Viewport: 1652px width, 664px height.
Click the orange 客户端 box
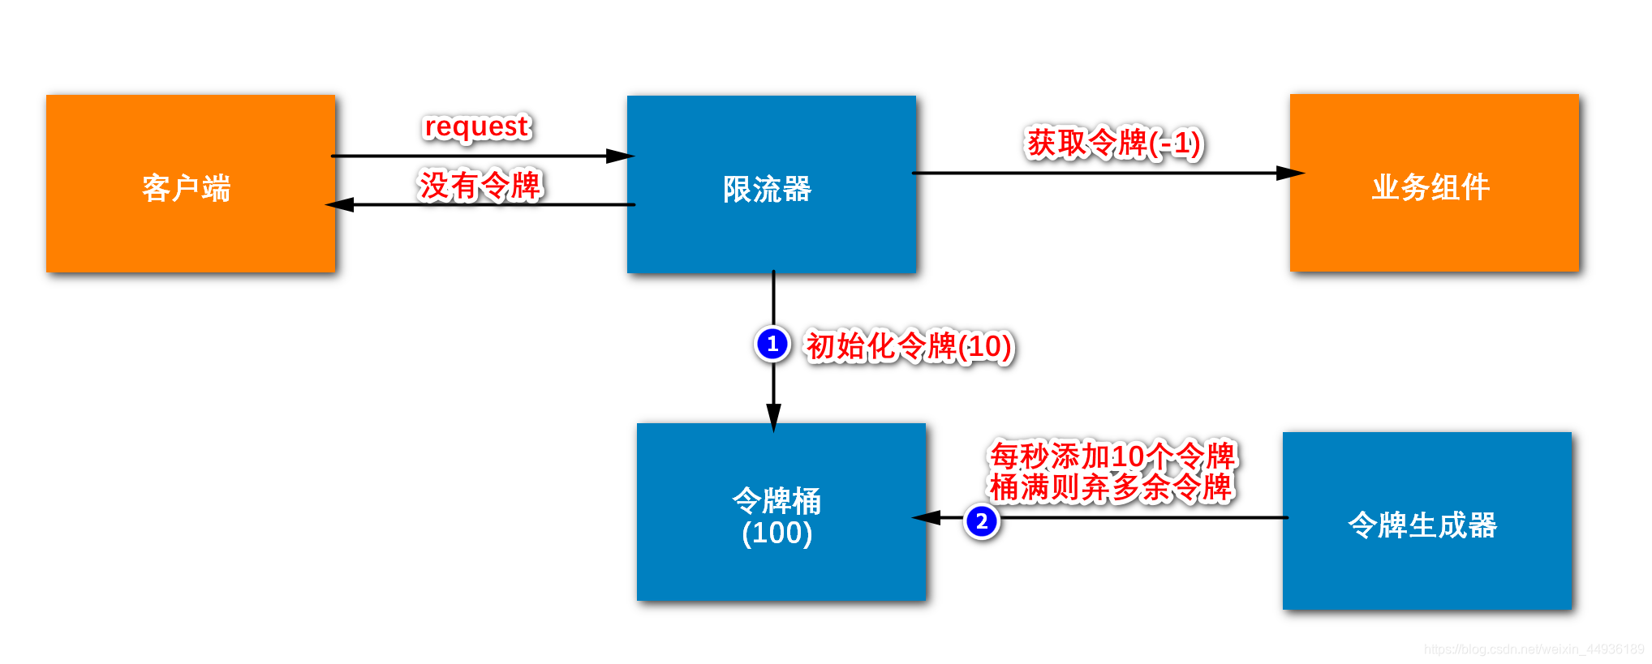click(x=191, y=184)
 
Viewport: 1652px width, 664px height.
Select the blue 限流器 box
click(x=772, y=185)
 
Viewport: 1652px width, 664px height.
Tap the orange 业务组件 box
click(x=1434, y=183)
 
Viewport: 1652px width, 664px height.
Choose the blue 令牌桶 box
click(x=781, y=512)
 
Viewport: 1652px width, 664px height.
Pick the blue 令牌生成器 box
click(x=1426, y=520)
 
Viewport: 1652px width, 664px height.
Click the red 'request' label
click(x=477, y=126)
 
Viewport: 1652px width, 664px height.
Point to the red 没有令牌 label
click(x=480, y=186)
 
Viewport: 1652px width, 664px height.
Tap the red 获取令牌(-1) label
click(x=1114, y=144)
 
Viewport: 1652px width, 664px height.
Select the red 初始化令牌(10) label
click(x=909, y=346)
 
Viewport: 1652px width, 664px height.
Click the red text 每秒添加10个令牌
click(x=1112, y=456)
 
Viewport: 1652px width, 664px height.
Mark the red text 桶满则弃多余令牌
click(x=1111, y=487)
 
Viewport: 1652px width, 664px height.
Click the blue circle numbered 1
click(x=772, y=344)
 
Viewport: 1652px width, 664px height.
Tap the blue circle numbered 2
click(x=982, y=521)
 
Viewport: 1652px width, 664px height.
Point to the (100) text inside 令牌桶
click(x=777, y=533)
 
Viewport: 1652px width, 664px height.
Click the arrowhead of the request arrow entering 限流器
click(x=621, y=156)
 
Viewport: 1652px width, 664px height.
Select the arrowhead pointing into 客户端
click(x=339, y=204)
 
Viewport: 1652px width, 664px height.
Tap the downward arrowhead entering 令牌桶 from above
click(x=774, y=417)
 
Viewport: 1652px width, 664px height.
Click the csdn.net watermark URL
click(x=1534, y=649)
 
